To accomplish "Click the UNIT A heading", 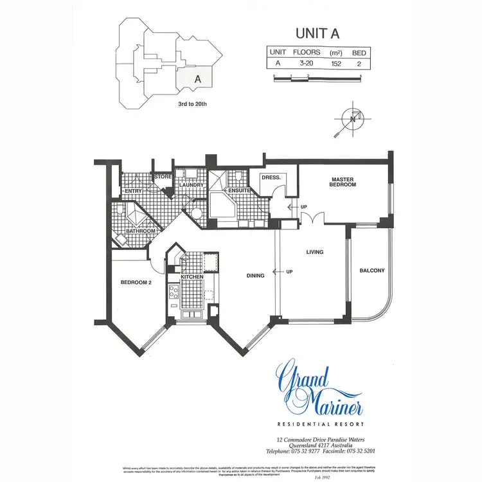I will tap(317, 32).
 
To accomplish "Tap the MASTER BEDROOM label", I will tap(343, 182).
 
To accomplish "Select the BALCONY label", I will tap(372, 271).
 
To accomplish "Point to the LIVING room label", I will tap(314, 252).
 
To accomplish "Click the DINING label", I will tap(256, 276).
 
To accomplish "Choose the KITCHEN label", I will tap(192, 276).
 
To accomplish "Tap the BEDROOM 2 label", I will tap(136, 281).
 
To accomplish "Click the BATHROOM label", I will tap(141, 231).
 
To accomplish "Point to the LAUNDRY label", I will tap(192, 185).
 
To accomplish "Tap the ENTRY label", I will tap(133, 190).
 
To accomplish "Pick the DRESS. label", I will tap(269, 177).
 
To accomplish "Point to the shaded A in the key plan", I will tap(198, 78).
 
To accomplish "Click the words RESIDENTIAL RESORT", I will tap(319, 424).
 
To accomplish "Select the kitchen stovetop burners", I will tap(174, 292).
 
